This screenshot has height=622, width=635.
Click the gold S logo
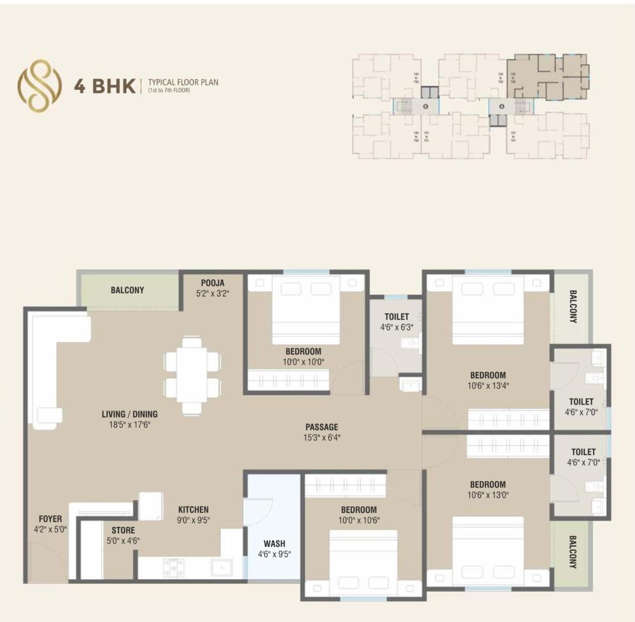(40, 85)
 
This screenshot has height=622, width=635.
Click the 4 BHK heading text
(105, 86)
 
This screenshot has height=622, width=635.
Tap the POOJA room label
(212, 283)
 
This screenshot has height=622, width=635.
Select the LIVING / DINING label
(129, 414)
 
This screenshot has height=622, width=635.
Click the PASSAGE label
(321, 427)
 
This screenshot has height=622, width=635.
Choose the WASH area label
(274, 544)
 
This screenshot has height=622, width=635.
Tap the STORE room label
(123, 530)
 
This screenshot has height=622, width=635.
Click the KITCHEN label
(193, 509)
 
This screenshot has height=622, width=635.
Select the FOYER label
(50, 519)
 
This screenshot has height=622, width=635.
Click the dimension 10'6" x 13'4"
(488, 385)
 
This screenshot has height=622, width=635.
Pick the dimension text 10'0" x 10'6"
(359, 520)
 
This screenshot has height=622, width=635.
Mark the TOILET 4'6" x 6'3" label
(396, 322)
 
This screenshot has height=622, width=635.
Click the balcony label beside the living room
(127, 290)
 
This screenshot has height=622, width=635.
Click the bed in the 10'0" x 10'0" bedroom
(306, 310)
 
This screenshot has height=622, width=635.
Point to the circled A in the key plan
(502, 106)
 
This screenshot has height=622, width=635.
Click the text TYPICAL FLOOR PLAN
(183, 82)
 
